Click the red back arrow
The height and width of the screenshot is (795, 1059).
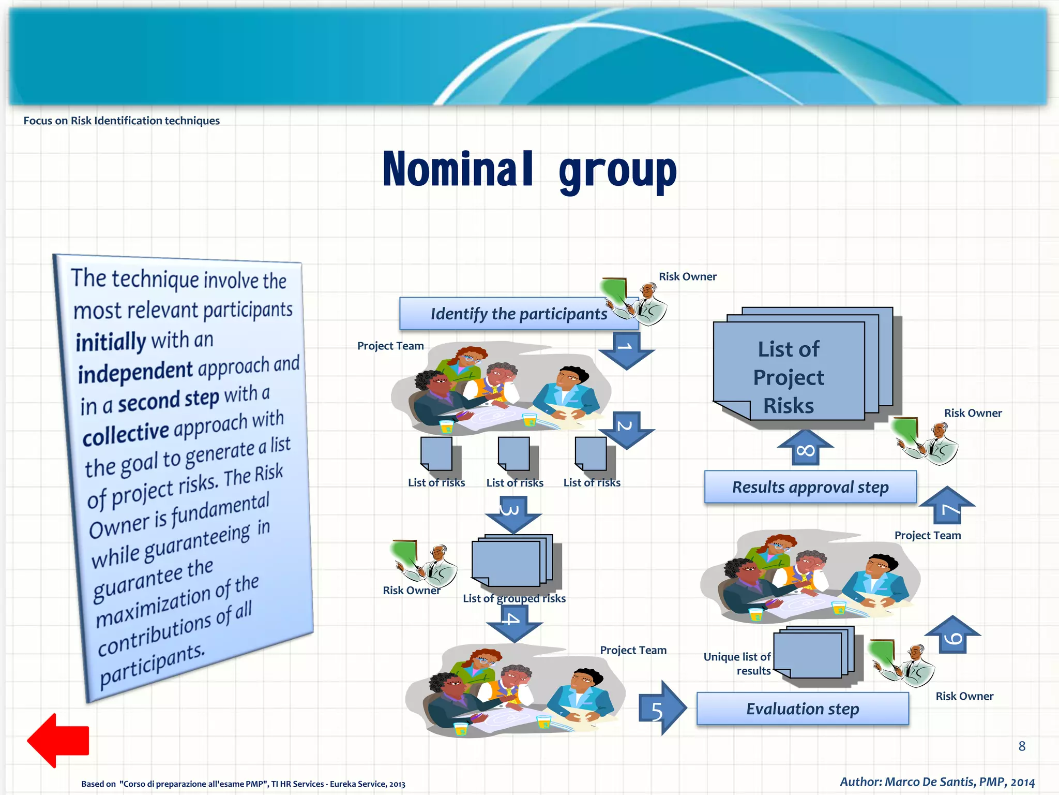pos(58,740)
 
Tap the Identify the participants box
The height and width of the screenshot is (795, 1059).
pos(519,314)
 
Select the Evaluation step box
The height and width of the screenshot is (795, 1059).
pos(802,709)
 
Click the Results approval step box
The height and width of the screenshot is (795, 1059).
pos(810,487)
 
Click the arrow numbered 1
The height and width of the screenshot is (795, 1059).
pos(626,350)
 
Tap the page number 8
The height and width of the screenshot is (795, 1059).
pos(1022,746)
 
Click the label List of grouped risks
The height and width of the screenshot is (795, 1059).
pos(514,598)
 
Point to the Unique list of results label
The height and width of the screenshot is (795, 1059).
pos(738,664)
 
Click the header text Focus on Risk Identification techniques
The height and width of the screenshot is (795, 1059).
pos(122,121)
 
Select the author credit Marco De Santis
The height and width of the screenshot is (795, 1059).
pos(936,782)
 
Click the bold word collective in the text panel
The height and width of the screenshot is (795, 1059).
pos(126,433)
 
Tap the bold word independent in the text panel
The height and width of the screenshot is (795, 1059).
pos(135,372)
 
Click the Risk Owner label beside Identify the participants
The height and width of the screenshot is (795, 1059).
pos(687,276)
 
